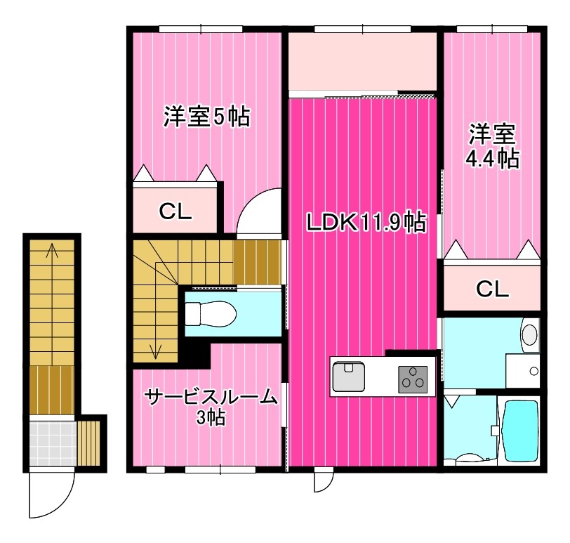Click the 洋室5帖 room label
[206, 117]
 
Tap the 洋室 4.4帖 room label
[492, 146]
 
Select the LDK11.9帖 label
[365, 223]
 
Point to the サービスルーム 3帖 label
[210, 407]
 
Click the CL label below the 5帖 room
[175, 211]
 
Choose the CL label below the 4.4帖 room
[492, 288]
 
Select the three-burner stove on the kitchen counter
[413, 379]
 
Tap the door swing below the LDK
[323, 480]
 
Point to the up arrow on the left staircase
[51, 253]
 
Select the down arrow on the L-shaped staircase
[155, 347]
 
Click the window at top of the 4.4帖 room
[492, 29]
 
